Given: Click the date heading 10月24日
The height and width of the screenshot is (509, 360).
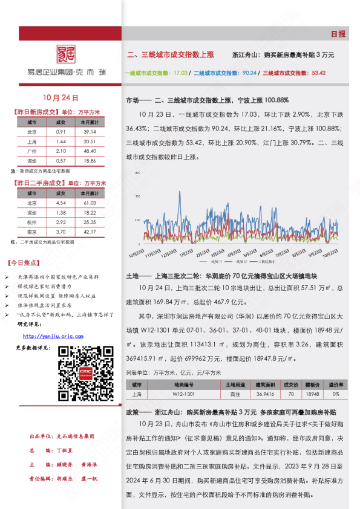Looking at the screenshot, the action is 61,97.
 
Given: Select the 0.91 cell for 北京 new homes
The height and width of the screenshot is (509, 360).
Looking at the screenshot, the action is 61,132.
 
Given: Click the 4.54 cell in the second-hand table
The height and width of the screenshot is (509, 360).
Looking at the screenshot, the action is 61,203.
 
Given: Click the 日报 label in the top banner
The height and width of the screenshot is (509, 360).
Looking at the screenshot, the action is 338,34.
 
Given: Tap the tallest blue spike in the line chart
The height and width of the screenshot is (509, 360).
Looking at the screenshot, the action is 179,194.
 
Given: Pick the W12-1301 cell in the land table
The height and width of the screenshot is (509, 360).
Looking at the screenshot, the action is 184,394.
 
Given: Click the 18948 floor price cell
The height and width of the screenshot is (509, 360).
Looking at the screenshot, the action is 312,394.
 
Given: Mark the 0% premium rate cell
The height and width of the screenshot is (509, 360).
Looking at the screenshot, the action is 335,394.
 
